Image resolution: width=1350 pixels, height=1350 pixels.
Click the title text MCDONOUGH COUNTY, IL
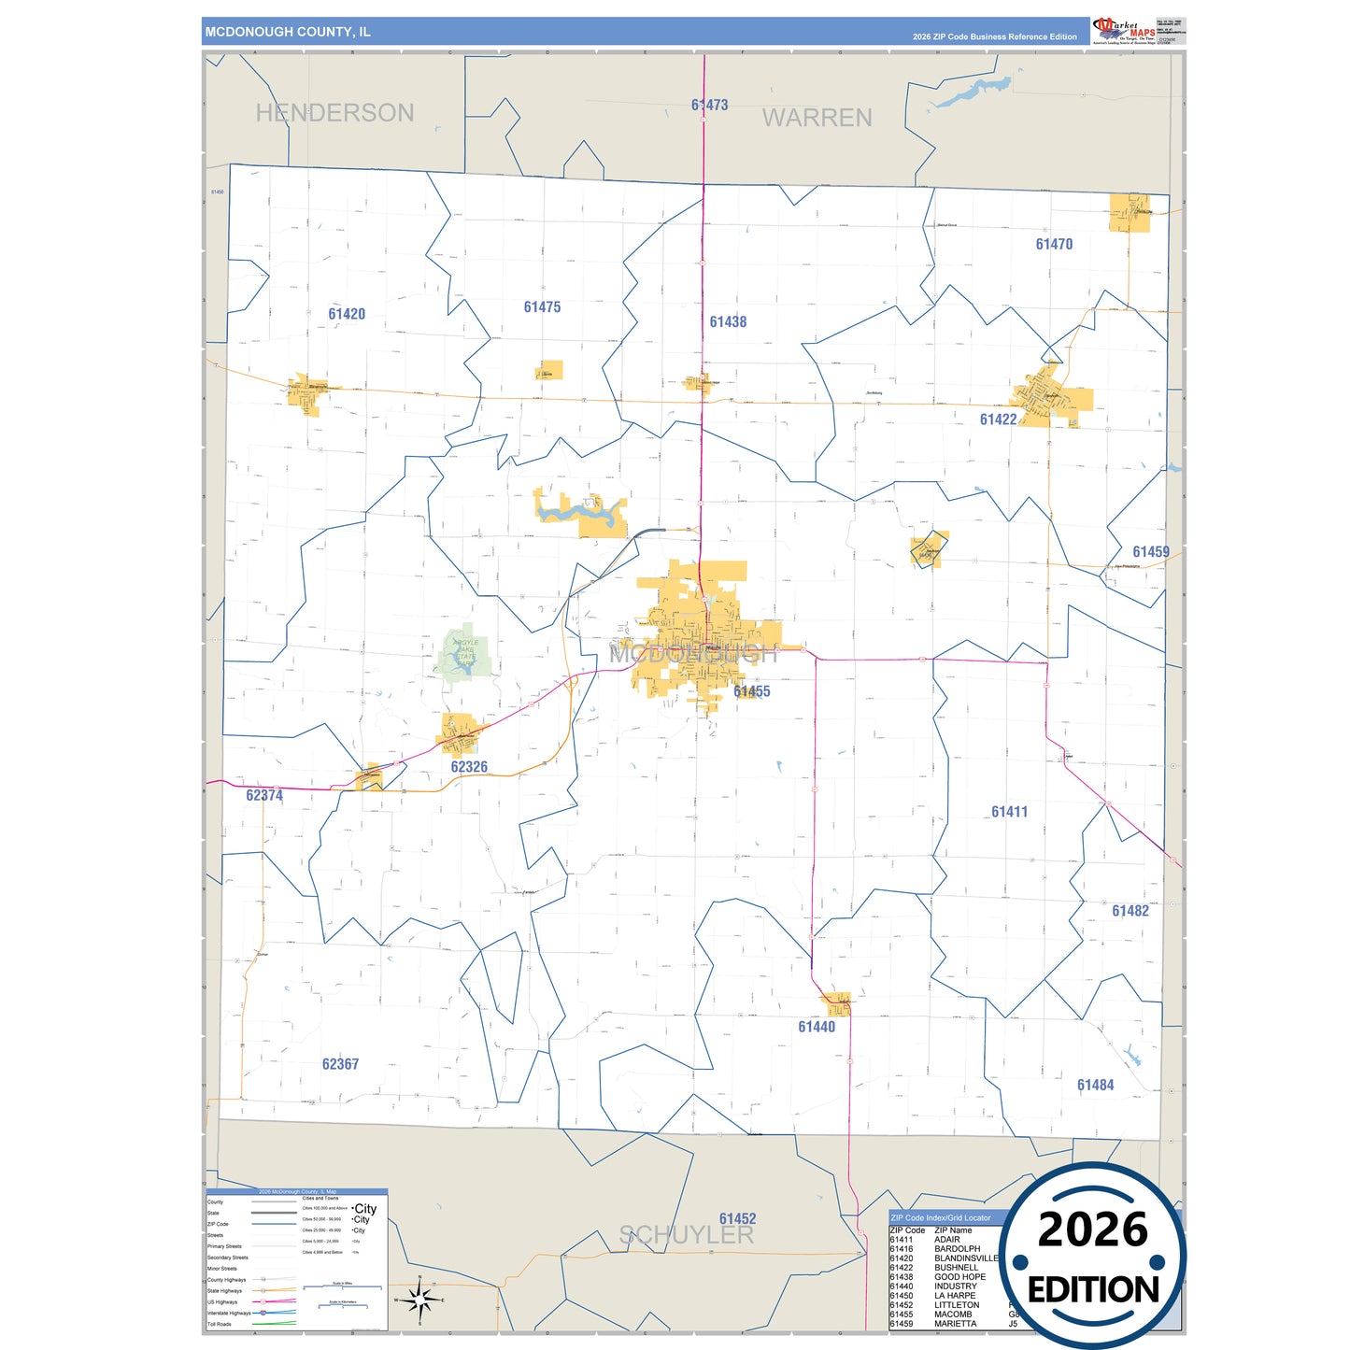point(288,32)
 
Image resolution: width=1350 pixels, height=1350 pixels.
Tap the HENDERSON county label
point(334,113)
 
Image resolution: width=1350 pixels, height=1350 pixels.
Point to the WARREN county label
point(817,118)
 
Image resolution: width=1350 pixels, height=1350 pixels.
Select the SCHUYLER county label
point(686,1235)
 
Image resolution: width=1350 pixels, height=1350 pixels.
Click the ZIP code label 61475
point(542,307)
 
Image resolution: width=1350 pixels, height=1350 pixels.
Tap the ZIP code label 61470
point(1054,245)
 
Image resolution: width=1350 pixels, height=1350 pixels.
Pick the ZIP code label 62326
point(469,767)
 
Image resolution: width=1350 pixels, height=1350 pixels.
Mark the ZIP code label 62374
point(264,796)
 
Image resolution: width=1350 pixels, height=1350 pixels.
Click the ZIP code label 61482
point(1130,911)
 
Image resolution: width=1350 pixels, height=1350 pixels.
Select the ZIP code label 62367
point(340,1064)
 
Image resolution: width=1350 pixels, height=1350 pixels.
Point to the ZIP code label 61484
point(1095,1085)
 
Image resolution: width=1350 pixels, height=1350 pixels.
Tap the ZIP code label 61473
point(710,106)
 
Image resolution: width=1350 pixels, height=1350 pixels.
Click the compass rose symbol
point(419,1300)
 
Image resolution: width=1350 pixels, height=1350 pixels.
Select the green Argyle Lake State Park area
point(464,653)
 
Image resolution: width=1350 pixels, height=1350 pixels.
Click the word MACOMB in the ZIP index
point(953,1314)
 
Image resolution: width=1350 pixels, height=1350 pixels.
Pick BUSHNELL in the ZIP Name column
point(956,1268)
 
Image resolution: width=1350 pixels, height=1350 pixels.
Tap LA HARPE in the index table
point(955,1296)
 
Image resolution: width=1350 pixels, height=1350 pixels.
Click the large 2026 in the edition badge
point(1092,1229)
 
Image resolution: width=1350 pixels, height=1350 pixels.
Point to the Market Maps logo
point(1124,31)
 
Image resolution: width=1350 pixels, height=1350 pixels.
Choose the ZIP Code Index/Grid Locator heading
point(941,1218)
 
